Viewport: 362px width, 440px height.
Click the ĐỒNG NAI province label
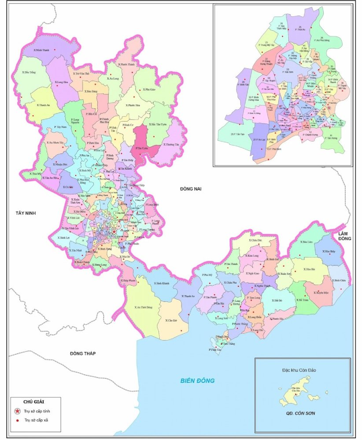coord(190,189)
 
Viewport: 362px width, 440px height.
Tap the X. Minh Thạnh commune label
coord(44,50)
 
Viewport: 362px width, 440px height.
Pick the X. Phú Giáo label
coord(149,89)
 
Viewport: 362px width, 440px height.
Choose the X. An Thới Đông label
coord(144,307)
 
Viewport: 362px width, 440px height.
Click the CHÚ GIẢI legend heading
coord(35,401)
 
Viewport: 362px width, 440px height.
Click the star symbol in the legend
coord(17,411)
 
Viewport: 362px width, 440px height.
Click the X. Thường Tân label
coord(171,144)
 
